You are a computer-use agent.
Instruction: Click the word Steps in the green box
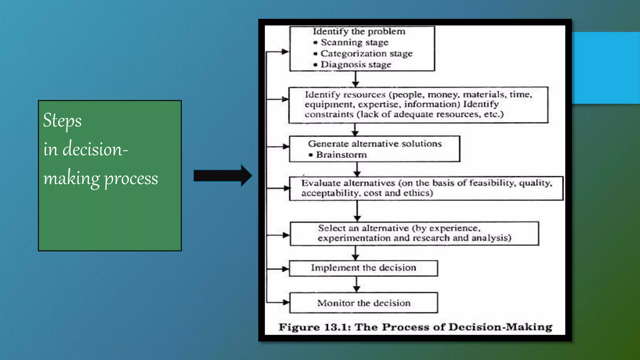[x=62, y=121]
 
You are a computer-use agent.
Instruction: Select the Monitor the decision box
[x=363, y=303]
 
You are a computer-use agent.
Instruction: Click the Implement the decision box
[x=363, y=268]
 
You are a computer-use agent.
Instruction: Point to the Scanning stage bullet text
[x=354, y=42]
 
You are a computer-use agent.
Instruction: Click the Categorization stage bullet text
[x=366, y=53]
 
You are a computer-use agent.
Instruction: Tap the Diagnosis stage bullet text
[x=356, y=65]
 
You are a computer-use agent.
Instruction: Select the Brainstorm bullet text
[x=341, y=155]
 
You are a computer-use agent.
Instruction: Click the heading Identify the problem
[x=359, y=31]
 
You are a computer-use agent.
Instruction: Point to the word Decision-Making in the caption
[x=500, y=327]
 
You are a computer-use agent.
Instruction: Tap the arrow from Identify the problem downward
[x=355, y=79]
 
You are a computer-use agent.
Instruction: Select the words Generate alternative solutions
[x=374, y=144]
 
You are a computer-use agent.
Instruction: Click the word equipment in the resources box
[x=329, y=104]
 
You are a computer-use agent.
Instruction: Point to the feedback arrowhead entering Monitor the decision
[x=286, y=302]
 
